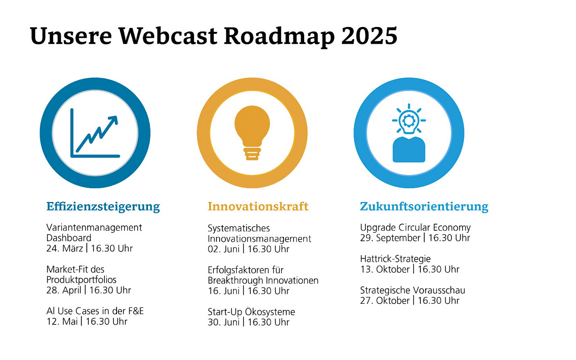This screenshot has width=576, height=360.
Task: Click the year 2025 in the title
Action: tap(369, 36)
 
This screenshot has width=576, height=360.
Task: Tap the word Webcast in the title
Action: tap(168, 36)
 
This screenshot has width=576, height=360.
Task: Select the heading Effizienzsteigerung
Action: tap(103, 207)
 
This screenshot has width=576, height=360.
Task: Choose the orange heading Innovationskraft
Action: tap(258, 206)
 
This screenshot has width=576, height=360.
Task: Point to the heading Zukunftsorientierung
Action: tap(424, 207)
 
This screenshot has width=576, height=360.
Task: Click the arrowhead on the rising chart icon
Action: tap(113, 120)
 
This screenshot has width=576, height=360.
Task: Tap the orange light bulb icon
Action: tap(252, 133)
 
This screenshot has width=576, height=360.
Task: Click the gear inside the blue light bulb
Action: tap(409, 120)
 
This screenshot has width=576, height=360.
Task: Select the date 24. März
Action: tap(64, 248)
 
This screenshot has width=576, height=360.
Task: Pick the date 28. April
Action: tap(64, 290)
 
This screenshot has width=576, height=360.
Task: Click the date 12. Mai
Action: tap(62, 322)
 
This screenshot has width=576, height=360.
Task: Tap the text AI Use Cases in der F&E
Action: tap(95, 311)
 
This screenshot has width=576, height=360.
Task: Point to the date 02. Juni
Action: tap(224, 249)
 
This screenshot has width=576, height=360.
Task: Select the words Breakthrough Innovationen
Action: tap(263, 280)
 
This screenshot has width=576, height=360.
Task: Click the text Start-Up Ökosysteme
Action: tap(251, 312)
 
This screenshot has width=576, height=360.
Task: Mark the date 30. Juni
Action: tap(224, 322)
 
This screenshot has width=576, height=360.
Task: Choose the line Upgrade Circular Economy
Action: tap(415, 228)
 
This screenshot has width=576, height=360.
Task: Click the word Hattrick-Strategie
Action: tap(395, 259)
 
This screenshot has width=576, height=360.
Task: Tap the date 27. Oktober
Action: tap(385, 301)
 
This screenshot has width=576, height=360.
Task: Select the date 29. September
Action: tap(390, 238)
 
